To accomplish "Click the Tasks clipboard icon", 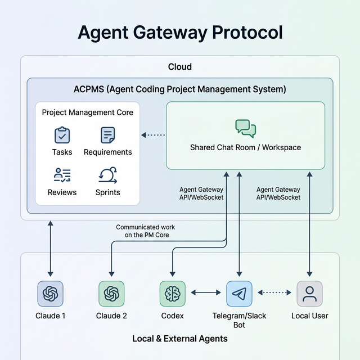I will coord(62,135).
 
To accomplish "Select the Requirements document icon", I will coord(107,135).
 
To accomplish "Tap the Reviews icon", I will coord(62,175).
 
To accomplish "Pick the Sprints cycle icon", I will coord(107,175).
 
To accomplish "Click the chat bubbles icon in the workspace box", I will coord(245,128).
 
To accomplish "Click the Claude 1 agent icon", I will coord(51,294).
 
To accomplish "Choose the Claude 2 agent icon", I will coord(111,294).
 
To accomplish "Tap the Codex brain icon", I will coord(173,294).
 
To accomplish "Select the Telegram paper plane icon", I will coord(239,294).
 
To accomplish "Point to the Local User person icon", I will coord(309,294).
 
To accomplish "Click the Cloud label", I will coord(180,67).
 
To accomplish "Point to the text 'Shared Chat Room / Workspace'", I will coord(245,147).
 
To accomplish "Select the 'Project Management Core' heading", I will coord(88,112).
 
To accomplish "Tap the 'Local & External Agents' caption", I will coord(180,339).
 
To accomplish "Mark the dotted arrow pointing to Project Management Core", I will coord(153,135).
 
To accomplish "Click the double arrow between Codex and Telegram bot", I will coord(206,293).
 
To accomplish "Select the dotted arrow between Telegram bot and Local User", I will coord(274,293).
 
